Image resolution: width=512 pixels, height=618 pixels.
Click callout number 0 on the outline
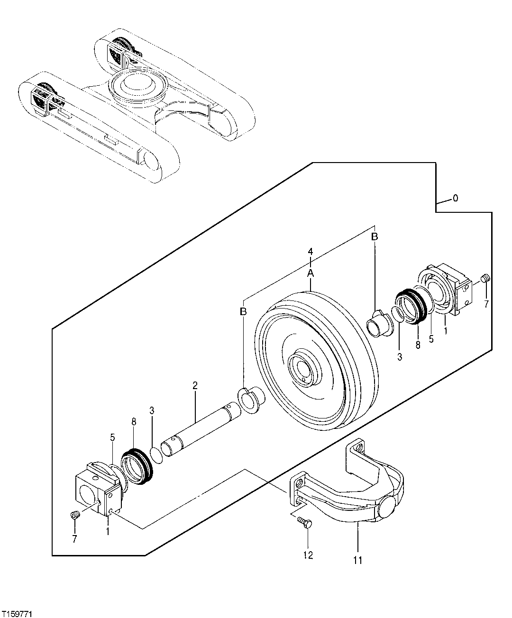455,199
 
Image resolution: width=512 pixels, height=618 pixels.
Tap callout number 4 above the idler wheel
311,251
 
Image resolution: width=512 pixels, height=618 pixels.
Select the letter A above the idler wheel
311,273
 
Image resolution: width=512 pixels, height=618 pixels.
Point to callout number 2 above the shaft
195,385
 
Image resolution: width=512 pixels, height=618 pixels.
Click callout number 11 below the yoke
357,561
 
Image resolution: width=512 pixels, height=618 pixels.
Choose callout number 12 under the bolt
308,555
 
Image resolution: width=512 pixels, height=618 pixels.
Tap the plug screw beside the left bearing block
73,515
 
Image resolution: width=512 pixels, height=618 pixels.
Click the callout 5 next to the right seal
431,339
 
